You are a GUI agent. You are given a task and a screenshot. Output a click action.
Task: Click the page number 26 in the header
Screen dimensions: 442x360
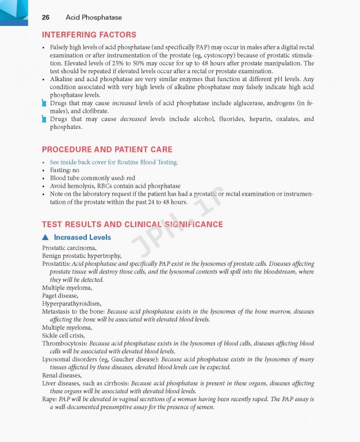tap(45, 17)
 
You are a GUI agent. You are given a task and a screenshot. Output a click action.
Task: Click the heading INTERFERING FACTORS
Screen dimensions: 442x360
tap(89, 35)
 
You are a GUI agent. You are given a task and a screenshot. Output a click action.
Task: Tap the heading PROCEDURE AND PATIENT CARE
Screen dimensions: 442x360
tap(107, 150)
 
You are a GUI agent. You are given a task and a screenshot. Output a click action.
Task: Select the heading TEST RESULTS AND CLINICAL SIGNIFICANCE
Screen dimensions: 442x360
tap(132, 224)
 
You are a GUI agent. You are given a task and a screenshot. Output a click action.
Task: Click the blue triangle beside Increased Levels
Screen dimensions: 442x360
tap(45, 238)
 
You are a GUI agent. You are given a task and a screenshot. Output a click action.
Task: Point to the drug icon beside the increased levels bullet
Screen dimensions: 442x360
tap(44, 103)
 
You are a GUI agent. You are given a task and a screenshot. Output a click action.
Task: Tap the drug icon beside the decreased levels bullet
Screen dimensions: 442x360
tap(44, 119)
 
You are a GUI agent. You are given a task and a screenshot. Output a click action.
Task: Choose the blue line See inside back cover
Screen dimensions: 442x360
tap(114, 162)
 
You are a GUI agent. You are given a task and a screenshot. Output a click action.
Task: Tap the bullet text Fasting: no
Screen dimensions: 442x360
tap(64, 170)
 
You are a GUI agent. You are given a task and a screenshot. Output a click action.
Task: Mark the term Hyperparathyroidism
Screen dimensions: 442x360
tap(71, 303)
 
